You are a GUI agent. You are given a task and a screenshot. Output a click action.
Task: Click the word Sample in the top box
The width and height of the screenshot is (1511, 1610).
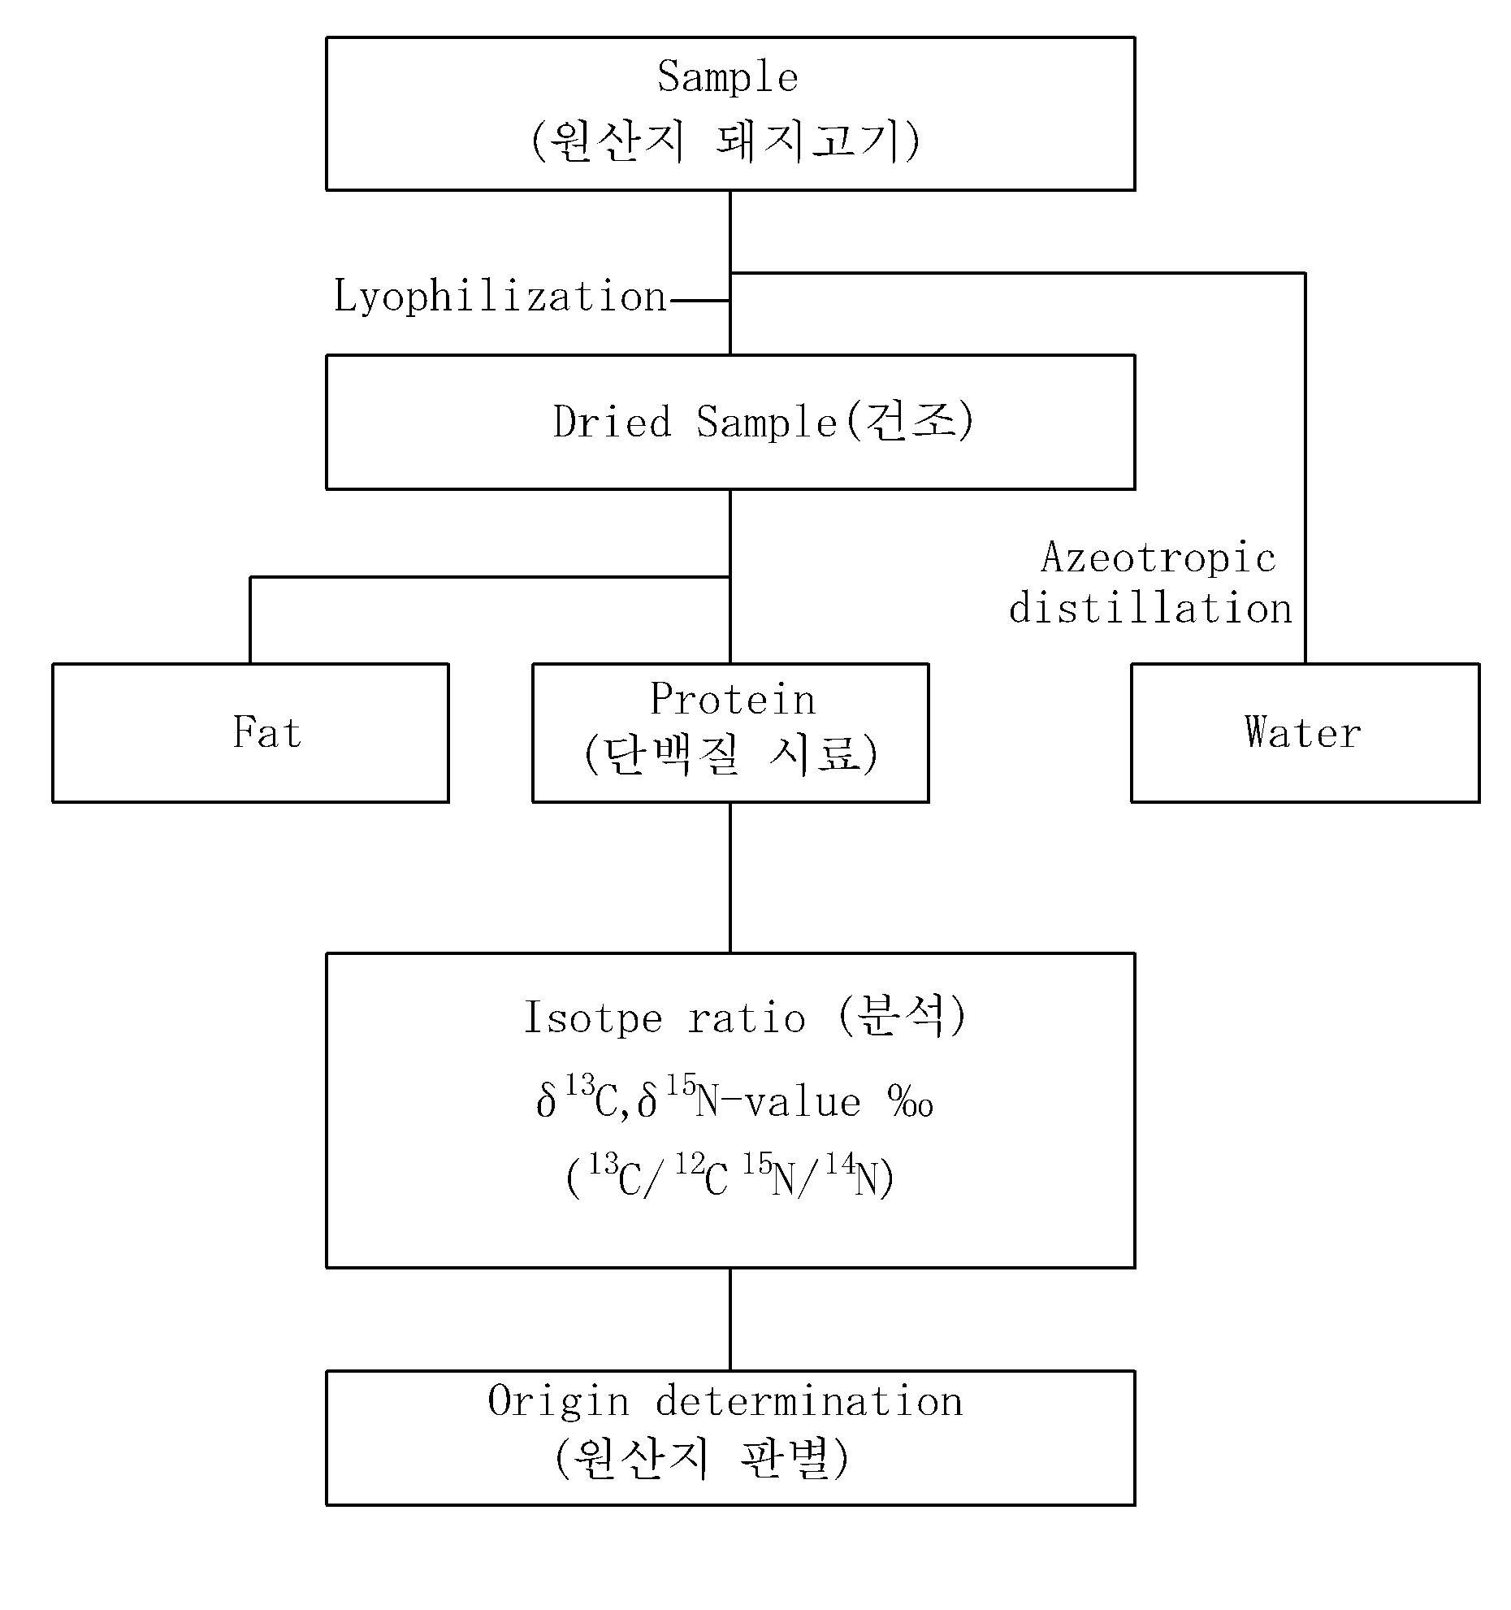pos(728,77)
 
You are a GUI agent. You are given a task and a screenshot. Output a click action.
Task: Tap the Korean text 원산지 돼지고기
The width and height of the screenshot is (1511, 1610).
pos(726,141)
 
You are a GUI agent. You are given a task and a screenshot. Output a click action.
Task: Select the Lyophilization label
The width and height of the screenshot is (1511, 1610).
pos(500,297)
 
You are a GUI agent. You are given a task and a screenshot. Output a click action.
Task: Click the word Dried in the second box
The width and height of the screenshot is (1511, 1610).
pos(613,422)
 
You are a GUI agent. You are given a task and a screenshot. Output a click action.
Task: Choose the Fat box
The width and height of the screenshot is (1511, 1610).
pos(250,732)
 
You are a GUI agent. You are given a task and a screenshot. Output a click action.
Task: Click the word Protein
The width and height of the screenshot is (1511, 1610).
pos(733,699)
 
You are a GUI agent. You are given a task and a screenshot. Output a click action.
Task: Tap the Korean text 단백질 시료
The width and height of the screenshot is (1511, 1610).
pos(730,754)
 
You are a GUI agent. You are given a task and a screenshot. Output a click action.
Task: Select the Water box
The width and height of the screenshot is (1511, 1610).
pos(1305,732)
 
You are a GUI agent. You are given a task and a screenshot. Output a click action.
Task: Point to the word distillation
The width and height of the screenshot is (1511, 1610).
pos(1150,608)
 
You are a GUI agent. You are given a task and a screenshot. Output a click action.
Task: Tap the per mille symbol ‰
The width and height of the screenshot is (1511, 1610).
pos(911,1103)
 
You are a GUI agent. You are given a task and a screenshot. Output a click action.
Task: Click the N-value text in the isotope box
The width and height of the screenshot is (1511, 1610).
pos(778,1103)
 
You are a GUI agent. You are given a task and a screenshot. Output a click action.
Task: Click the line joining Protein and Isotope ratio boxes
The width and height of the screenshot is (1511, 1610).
pos(730,878)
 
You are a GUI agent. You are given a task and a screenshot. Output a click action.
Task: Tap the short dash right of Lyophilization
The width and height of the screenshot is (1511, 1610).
pos(699,301)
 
